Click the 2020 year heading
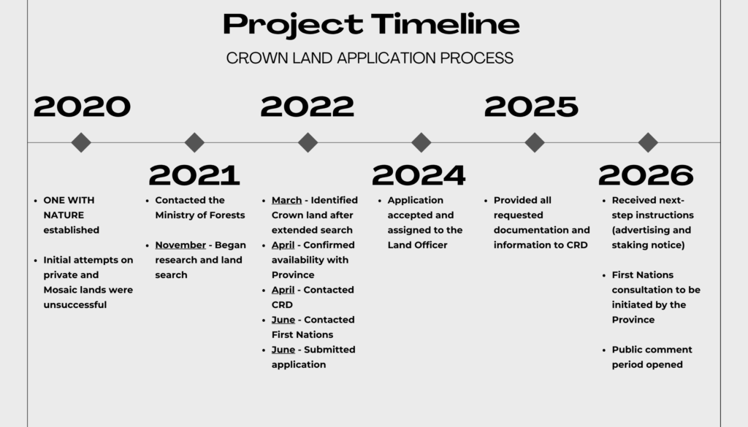82,107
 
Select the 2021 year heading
194,175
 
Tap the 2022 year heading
308,107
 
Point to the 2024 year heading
419,175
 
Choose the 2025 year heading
531,107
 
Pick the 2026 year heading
646,175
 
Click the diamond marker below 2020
81,142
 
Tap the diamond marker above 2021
194,142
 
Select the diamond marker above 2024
421,142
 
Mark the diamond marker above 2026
648,142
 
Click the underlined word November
180,245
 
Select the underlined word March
286,200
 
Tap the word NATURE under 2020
64,215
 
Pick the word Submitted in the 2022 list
329,350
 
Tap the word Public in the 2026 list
627,350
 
